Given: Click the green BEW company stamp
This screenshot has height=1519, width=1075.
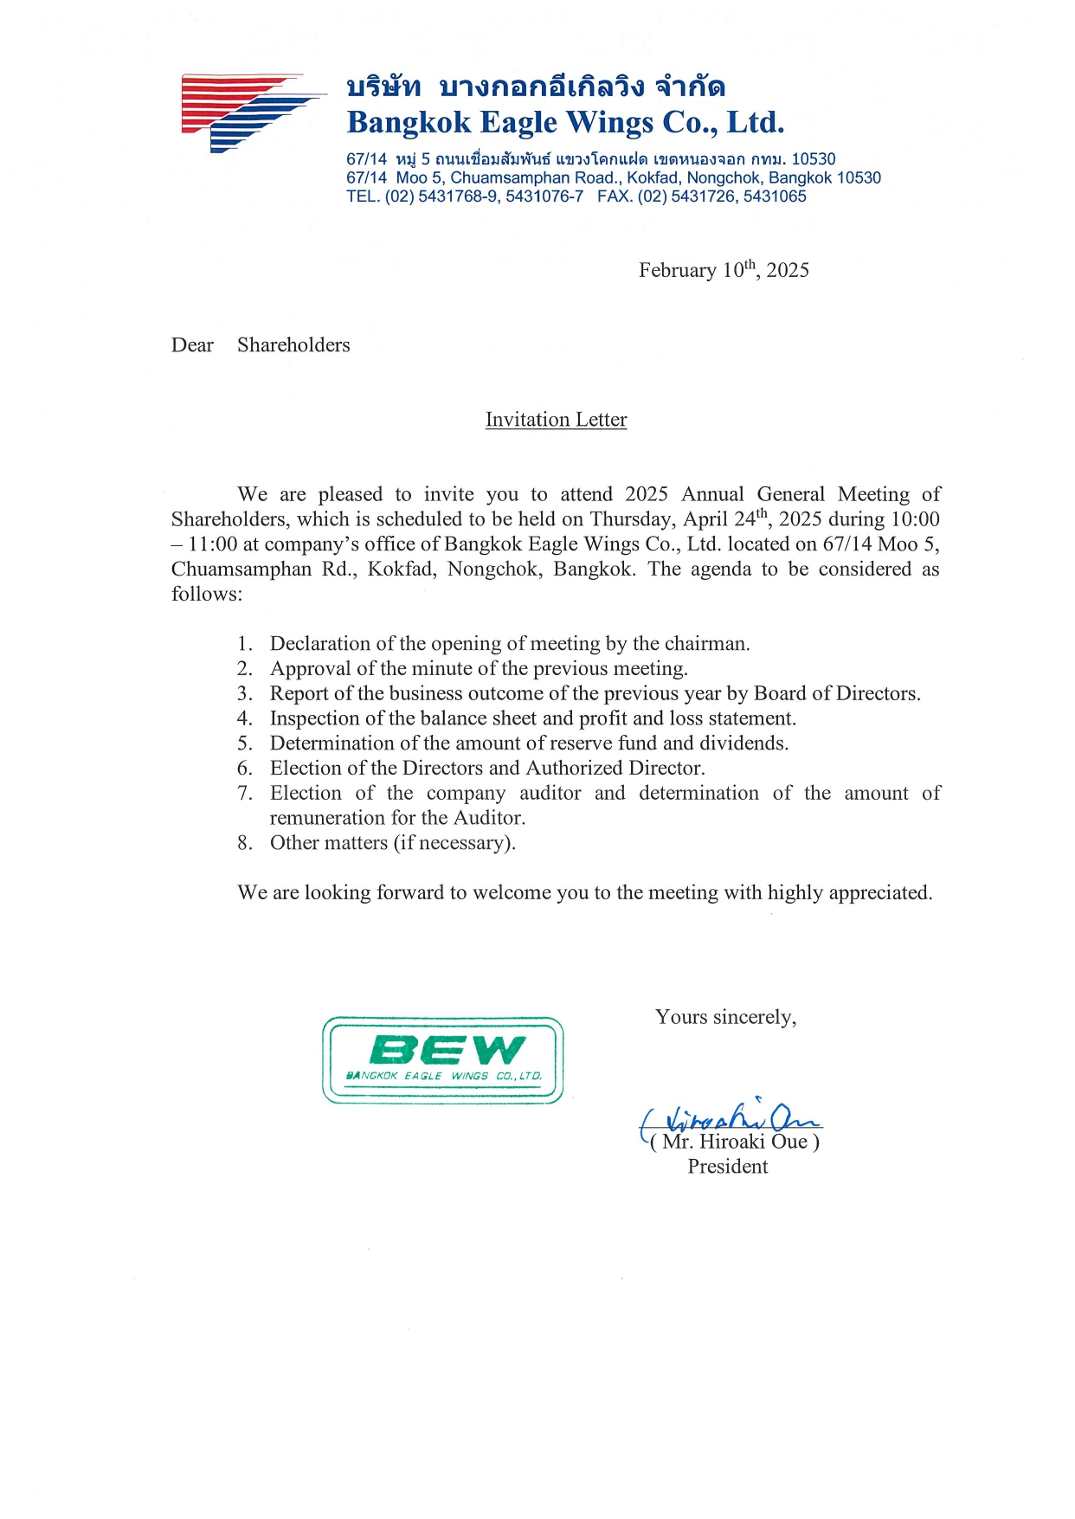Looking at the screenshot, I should tap(442, 1059).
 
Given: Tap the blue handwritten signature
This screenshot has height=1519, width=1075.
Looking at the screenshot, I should tap(731, 1118).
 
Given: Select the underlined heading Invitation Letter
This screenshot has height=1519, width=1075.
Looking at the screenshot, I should tap(556, 420).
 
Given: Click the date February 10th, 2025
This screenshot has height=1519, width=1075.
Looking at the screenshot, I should tap(724, 270).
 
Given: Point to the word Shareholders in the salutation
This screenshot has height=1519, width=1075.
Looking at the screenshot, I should tap(293, 345).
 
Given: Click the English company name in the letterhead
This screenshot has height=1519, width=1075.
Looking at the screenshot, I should tap(565, 123).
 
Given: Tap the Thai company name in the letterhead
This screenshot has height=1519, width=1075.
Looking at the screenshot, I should tap(535, 87).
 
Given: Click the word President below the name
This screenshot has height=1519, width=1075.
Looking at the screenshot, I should tap(727, 1167).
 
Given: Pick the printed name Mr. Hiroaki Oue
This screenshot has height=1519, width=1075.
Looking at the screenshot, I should tap(735, 1142).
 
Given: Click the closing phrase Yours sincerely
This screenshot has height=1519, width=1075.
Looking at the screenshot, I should tap(725, 1017).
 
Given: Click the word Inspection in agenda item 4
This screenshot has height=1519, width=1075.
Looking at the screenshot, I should tap(313, 718).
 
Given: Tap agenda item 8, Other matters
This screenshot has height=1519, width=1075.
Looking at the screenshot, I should tap(392, 843).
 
